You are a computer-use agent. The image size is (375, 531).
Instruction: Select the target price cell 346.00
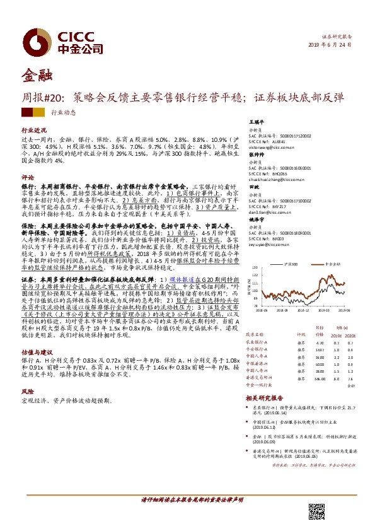pyautogui.click(x=321, y=379)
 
